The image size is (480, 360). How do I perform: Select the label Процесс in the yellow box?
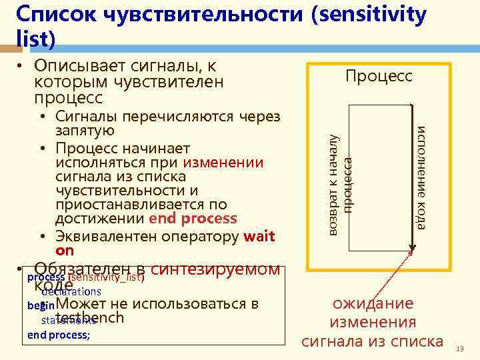click(x=379, y=77)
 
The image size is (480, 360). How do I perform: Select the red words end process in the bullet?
click(x=193, y=219)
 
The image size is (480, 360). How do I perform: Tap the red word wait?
click(x=259, y=237)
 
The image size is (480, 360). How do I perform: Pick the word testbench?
click(x=91, y=317)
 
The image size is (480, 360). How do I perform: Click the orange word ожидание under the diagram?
click(x=373, y=304)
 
